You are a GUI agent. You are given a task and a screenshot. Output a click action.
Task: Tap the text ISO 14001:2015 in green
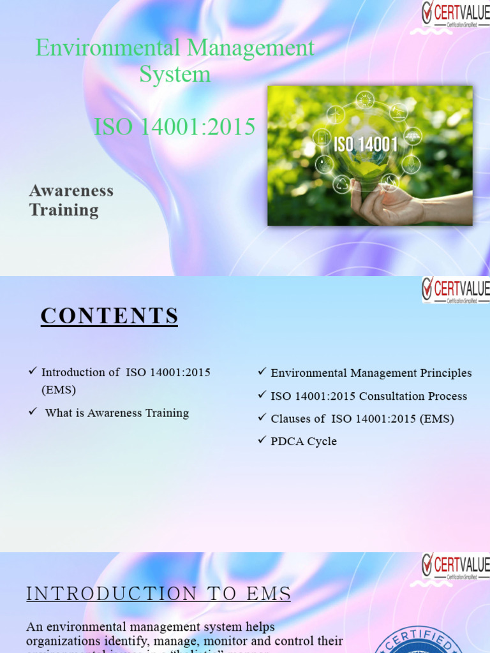pyautogui.click(x=174, y=127)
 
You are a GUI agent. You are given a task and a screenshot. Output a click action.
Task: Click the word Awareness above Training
pyautogui.click(x=71, y=191)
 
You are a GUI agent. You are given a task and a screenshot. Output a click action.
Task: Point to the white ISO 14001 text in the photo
pyautogui.click(x=366, y=144)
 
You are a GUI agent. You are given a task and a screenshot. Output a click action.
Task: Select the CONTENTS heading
pyautogui.click(x=109, y=316)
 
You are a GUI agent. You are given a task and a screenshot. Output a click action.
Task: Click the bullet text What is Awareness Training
pyautogui.click(x=117, y=413)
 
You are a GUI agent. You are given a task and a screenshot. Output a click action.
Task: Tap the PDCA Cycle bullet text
pyautogui.click(x=304, y=441)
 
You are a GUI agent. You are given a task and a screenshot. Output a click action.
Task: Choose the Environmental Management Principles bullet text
pyautogui.click(x=371, y=373)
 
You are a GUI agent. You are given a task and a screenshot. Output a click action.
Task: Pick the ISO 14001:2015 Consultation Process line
pyautogui.click(x=369, y=396)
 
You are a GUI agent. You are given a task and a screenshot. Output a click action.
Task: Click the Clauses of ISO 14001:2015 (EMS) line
pyautogui.click(x=362, y=419)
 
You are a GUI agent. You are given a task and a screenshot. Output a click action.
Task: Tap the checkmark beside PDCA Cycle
pyautogui.click(x=262, y=440)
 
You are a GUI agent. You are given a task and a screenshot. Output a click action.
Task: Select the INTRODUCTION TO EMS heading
pyautogui.click(x=158, y=594)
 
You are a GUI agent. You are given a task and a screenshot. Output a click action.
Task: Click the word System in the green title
pyautogui.click(x=175, y=74)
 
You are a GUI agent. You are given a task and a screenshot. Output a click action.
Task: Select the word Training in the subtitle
pyautogui.click(x=64, y=210)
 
